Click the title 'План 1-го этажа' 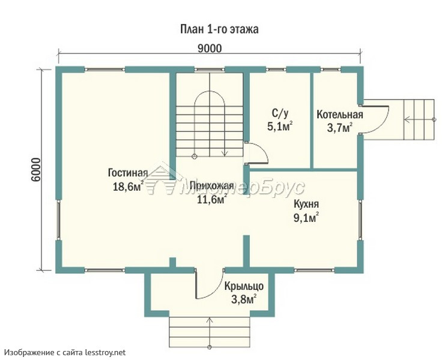(x=219, y=29)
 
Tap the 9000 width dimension (x=210, y=49)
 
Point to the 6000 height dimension (x=36, y=170)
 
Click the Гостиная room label (x=128, y=173)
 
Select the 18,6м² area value (x=128, y=187)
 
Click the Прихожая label (x=212, y=185)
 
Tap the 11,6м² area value (x=212, y=199)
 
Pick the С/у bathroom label (x=280, y=113)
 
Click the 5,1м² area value (x=280, y=126)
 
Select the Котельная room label (x=340, y=115)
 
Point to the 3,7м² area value (x=340, y=128)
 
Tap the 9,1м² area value (x=306, y=217)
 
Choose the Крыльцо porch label (x=244, y=287)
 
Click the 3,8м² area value (x=244, y=299)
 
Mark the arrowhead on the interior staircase (x=225, y=154)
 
